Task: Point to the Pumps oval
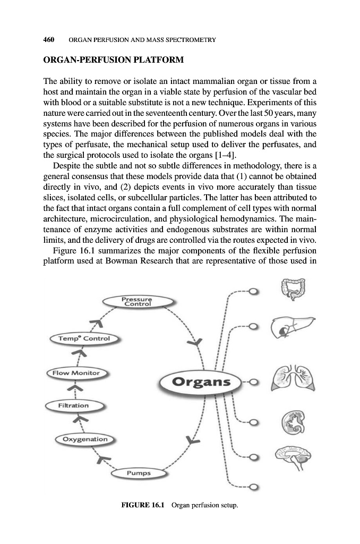point(139,473)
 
